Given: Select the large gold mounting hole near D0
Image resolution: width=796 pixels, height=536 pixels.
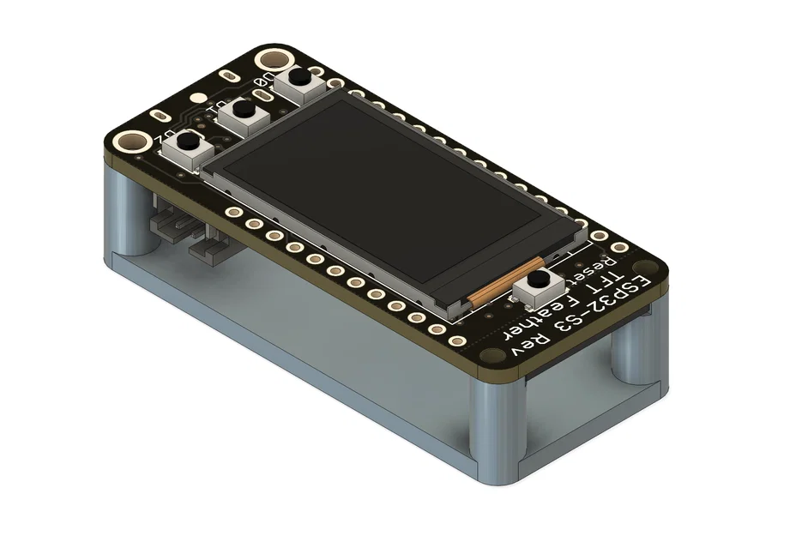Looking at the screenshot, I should click(x=274, y=60).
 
